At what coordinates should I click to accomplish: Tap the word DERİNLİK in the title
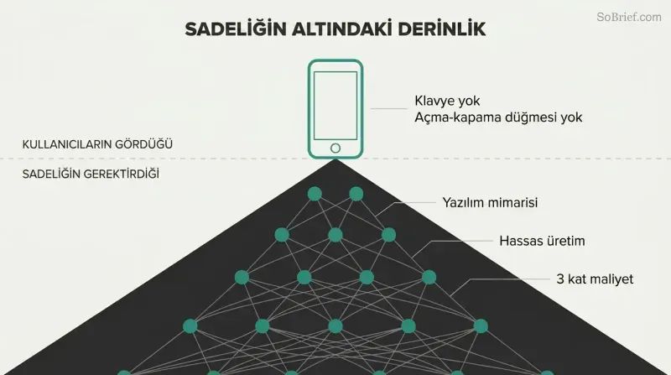coord(442,29)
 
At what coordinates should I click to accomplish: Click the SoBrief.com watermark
coord(629,17)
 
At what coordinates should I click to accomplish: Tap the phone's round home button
coord(335,148)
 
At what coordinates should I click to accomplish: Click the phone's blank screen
coord(335,106)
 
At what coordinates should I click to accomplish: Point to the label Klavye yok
coord(447,101)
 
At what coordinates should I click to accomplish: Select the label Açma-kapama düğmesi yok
coord(498,117)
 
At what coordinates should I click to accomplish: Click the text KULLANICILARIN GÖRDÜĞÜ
coord(97,144)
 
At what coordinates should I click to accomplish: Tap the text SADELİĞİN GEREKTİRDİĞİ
coord(91,174)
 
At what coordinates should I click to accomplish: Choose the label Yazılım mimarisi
coord(490,202)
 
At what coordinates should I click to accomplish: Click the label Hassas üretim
coord(542,241)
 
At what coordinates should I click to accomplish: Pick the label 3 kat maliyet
coord(595,279)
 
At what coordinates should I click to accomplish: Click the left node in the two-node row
coord(315,194)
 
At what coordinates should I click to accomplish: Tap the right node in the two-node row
coord(356,194)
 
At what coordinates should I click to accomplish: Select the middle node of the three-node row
coord(335,235)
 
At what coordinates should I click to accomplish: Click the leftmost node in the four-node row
coord(242,278)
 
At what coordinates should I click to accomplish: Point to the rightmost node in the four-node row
coord(429,278)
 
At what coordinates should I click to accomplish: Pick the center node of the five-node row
coord(335,326)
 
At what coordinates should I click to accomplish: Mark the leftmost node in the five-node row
coord(190,326)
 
